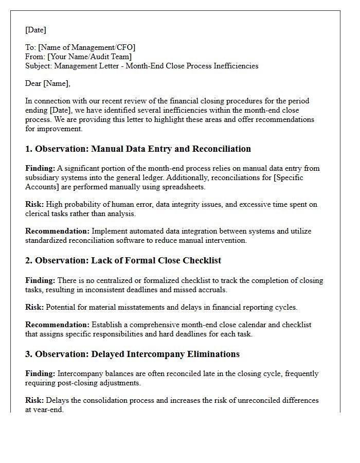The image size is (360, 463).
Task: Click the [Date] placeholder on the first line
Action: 35,30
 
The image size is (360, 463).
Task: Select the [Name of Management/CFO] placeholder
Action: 86,47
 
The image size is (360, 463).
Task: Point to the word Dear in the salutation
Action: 33,83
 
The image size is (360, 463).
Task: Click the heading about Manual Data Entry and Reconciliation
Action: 138,149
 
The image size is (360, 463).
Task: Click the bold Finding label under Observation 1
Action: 40,168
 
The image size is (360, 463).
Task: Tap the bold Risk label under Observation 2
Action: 34,307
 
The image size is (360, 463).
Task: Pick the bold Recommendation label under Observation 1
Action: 57,231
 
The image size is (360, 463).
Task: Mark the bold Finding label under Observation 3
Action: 40,373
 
